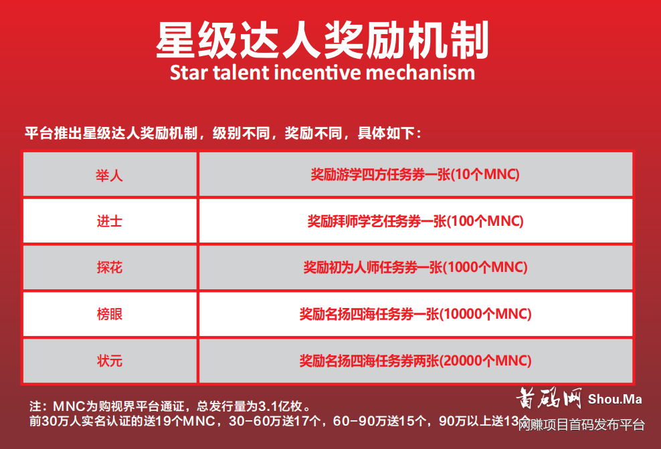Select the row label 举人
point(110,175)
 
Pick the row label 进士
point(110,221)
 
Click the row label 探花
point(110,267)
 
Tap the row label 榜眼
point(110,313)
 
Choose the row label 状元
point(110,361)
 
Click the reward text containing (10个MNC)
point(415,175)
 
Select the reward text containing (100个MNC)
point(415,221)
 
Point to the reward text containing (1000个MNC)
point(415,267)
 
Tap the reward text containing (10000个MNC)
point(415,313)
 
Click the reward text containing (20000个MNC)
point(415,361)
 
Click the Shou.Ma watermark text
point(615,400)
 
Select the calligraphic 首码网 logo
point(549,400)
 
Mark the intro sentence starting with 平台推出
point(223,133)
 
